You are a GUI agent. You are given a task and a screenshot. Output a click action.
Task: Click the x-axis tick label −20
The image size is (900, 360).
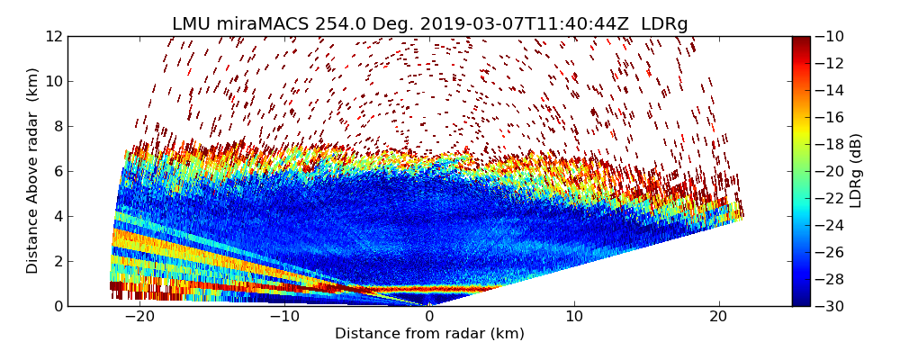pos(139,317)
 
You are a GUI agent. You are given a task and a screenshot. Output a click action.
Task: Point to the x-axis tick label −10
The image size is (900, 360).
pos(284,317)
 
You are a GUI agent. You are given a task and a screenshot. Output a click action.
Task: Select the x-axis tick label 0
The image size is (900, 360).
pos(429,317)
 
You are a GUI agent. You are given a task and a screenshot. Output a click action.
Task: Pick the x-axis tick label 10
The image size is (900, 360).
pos(574,317)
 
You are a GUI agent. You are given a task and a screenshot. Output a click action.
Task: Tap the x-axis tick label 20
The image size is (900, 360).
pos(718,317)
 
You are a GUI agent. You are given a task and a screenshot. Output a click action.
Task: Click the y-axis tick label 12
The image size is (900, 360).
pos(54,37)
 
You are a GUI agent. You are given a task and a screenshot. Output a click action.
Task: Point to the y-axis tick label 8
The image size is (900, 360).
pos(58,127)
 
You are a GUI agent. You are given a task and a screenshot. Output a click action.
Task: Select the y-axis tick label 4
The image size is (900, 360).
pos(58,216)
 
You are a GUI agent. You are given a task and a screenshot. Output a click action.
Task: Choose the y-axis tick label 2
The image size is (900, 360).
pos(58,261)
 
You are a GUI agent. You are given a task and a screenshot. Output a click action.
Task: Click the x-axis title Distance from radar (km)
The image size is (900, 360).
pos(429,334)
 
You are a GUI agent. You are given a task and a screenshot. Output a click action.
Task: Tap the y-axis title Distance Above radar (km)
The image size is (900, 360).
pos(33,171)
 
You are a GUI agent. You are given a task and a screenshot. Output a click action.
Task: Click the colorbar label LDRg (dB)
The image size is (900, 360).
pos(856,171)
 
